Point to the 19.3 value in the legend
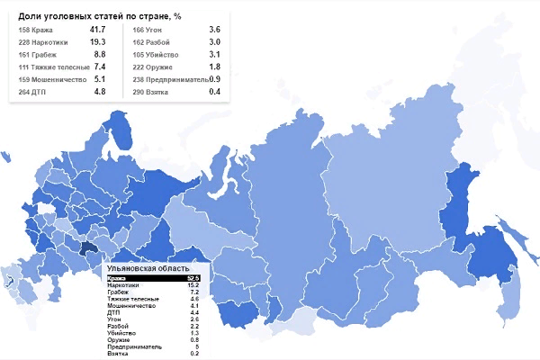[x=98, y=41]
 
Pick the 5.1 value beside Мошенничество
[x=100, y=78]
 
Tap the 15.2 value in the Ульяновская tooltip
[x=193, y=286]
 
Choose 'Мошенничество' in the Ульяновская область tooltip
[x=130, y=306]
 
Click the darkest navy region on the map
[x=89, y=250]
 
